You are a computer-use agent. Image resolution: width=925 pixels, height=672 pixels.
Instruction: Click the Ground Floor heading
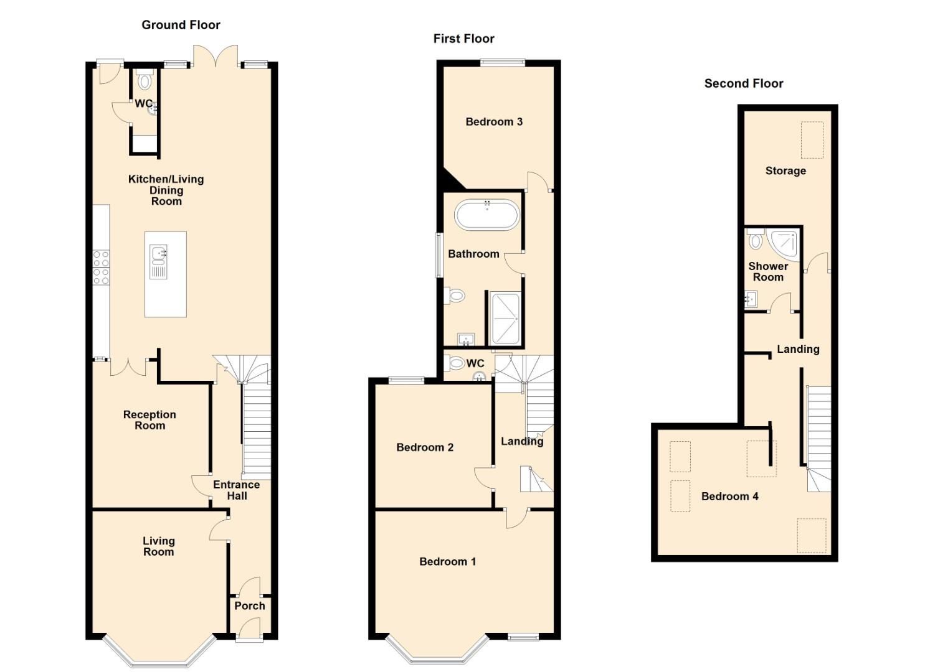coord(181,25)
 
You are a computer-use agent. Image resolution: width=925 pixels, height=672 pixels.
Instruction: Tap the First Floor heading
coord(463,39)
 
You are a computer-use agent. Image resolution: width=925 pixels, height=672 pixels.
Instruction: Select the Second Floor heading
coord(743,83)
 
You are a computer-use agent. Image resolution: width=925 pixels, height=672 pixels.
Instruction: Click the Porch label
coord(250,605)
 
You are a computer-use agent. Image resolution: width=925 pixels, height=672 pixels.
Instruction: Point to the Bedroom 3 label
coord(494,121)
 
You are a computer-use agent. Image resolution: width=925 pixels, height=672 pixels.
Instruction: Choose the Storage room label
coord(785,170)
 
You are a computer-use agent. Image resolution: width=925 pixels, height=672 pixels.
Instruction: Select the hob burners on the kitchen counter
coord(101,267)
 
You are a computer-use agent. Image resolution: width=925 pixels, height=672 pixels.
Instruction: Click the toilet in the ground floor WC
coord(145,82)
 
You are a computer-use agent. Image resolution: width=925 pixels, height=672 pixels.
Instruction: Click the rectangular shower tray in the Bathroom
coord(505,318)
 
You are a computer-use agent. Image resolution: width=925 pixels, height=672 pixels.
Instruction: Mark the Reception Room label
coord(149,420)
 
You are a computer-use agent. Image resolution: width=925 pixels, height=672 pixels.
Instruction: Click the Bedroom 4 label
coord(729,496)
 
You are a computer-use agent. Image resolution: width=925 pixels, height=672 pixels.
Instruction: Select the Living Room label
coord(158,546)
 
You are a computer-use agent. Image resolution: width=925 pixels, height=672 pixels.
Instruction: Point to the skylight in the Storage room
coord(812,140)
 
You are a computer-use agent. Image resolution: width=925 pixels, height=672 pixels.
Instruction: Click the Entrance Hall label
coord(236,490)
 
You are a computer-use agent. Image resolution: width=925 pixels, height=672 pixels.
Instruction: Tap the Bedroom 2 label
coord(425,447)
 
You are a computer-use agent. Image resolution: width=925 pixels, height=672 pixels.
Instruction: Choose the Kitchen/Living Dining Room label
coord(166,190)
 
